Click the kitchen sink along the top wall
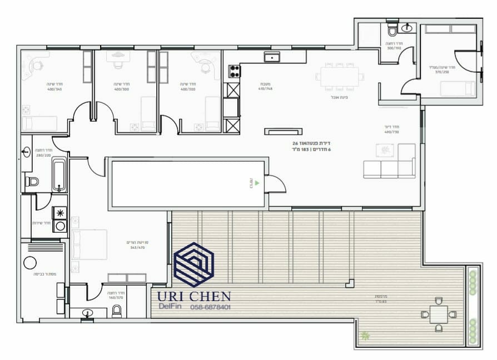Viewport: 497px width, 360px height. click(x=272, y=57)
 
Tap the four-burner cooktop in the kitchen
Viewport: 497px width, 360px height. click(x=235, y=71)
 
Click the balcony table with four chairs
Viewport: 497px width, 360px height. click(x=438, y=315)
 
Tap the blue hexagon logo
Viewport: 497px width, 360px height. click(x=193, y=264)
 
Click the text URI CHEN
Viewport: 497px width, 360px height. click(x=193, y=297)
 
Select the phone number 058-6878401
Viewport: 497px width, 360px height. click(x=210, y=307)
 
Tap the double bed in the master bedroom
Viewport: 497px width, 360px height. click(x=88, y=245)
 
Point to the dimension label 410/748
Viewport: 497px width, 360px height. click(x=264, y=89)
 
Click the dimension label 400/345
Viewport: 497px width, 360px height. click(x=54, y=89)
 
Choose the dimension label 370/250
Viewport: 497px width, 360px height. click(x=442, y=72)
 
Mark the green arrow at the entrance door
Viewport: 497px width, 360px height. click(x=257, y=182)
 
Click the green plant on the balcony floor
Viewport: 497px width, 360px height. click(x=365, y=336)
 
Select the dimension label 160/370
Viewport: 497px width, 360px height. click(x=116, y=297)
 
